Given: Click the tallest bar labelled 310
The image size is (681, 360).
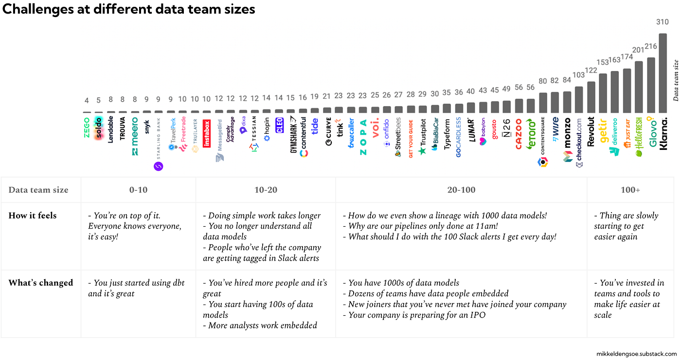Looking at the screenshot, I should click(663, 73).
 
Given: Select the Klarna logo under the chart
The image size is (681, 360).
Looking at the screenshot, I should click(663, 133).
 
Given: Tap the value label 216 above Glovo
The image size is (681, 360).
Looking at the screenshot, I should click(651, 46).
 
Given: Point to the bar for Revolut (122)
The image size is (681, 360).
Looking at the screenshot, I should click(591, 97).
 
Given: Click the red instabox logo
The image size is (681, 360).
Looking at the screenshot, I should click(206, 134).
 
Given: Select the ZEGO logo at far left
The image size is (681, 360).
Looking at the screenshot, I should click(87, 127).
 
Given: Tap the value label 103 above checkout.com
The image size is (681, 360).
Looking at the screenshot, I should click(579, 75).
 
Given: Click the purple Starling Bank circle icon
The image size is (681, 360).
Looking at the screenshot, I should click(159, 166).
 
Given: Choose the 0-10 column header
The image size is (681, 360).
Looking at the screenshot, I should click(138, 190).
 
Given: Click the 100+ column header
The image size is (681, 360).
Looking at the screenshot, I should click(630, 190).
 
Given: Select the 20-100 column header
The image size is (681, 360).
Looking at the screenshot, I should click(461, 190).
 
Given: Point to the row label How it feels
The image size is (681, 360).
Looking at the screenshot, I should click(33, 216).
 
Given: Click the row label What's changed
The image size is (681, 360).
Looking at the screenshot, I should click(40, 283).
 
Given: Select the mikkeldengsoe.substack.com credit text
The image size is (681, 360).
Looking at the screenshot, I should click(636, 354).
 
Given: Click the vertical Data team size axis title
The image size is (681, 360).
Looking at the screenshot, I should click(676, 80).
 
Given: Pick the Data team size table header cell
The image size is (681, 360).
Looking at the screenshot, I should click(38, 190).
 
